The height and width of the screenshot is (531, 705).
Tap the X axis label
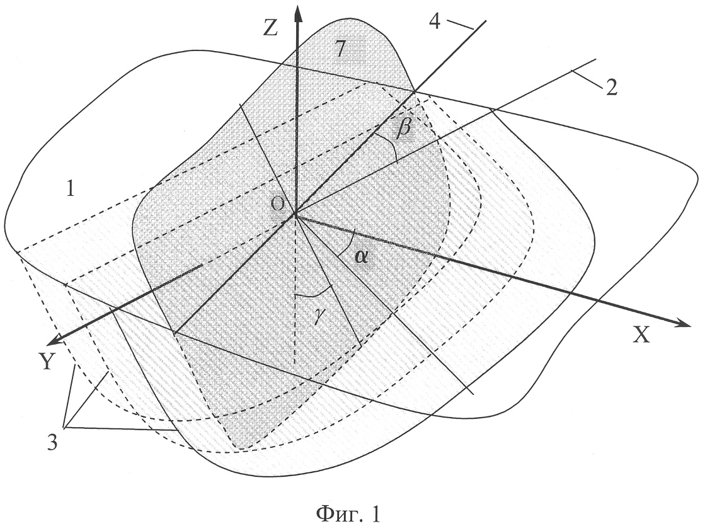tap(641, 335)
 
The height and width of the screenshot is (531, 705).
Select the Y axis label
tap(47, 361)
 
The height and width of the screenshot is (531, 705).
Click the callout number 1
tap(70, 190)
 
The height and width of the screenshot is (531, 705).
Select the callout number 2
tap(612, 88)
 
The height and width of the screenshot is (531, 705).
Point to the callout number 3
tap(52, 443)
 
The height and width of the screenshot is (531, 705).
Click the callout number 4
tap(435, 21)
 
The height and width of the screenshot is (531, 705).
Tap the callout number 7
tap(340, 49)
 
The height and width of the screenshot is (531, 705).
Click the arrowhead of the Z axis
tap(297, 13)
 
